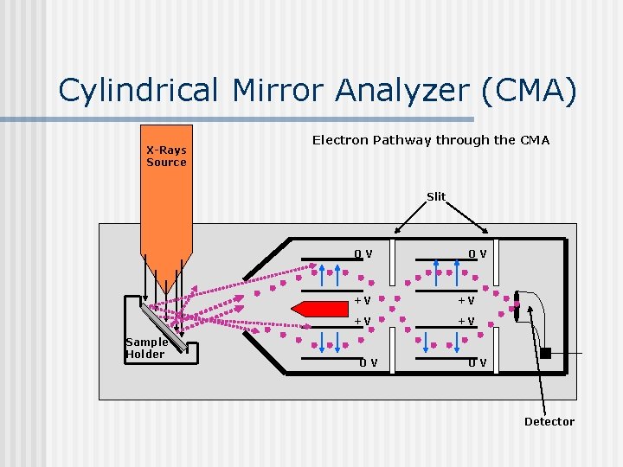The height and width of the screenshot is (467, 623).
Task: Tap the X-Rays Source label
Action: click(x=166, y=157)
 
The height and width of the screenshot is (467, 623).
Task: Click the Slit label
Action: click(x=436, y=197)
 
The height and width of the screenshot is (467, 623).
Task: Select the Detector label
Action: click(x=549, y=422)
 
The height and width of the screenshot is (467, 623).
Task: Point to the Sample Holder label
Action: click(x=145, y=348)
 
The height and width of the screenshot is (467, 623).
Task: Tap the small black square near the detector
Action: click(x=545, y=352)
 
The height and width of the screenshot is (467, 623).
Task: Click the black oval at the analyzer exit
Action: click(x=516, y=308)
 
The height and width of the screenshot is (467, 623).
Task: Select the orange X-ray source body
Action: click(x=166, y=208)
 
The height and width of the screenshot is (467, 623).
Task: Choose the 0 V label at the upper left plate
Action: click(x=363, y=254)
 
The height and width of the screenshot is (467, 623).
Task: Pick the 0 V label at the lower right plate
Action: click(x=477, y=363)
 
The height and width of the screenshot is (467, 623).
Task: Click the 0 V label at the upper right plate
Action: click(x=477, y=254)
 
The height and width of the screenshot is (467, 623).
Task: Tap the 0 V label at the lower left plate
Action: click(x=368, y=363)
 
